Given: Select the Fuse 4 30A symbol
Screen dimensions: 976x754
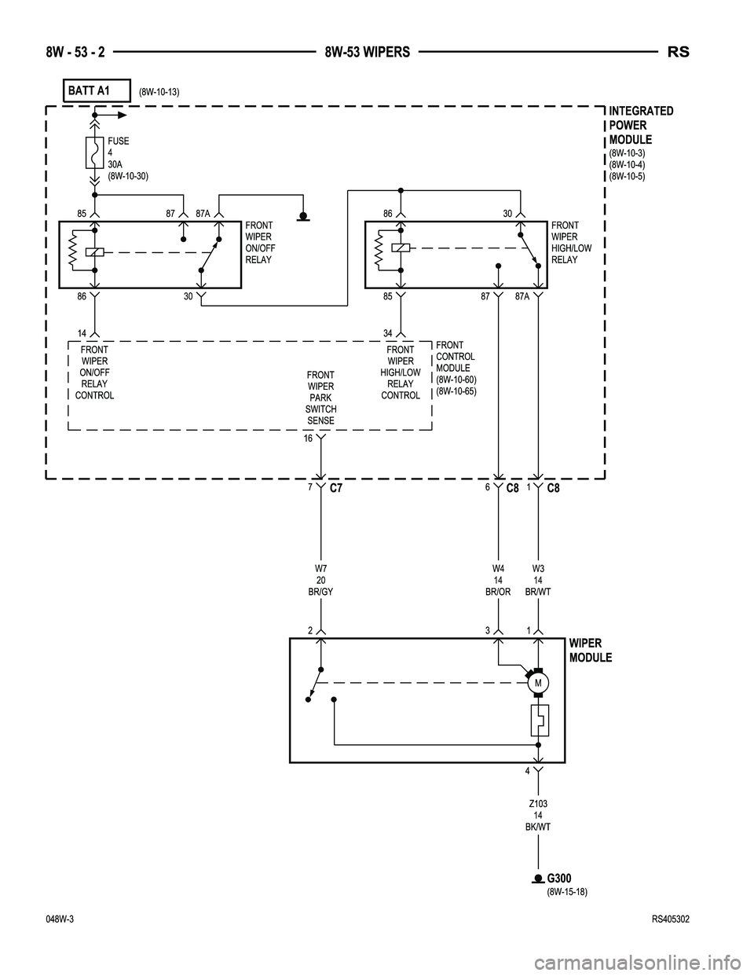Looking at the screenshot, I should pos(93,153).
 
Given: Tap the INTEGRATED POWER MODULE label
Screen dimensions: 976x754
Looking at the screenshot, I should pos(641,125).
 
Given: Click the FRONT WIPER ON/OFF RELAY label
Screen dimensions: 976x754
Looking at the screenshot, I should pos(260,242).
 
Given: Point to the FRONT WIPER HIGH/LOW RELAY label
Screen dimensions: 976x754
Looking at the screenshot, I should pos(571,242).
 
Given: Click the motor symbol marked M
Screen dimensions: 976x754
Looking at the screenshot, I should pos(538,683).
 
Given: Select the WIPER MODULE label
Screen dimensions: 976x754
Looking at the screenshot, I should pos(590,651).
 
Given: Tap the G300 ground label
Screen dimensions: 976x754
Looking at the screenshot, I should pos(559,878).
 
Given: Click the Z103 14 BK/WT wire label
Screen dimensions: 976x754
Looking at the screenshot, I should pos(538,815).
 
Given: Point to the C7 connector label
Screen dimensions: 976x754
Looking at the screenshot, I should pos(336,489).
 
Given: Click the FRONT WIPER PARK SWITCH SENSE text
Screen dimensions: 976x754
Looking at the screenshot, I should pos(320,398).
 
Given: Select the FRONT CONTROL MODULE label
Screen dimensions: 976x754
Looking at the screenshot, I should pos(456,368).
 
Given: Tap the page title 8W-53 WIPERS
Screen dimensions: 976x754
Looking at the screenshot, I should pos(368,53).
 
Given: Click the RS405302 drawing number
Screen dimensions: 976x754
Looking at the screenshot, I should pos(670,919).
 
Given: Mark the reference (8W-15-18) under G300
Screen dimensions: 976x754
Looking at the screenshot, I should pos(567,892).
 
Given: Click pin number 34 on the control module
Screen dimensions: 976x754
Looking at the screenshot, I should pos(389,332).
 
